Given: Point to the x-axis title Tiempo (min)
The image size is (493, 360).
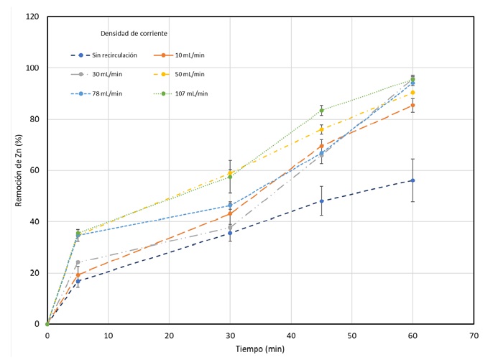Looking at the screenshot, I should (260, 349).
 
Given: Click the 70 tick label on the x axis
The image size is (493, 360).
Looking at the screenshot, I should (473, 335).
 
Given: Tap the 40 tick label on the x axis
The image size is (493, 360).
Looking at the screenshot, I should (290, 335).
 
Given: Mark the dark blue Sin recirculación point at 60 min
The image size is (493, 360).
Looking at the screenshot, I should (413, 180).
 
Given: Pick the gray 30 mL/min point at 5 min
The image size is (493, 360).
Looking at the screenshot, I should (78, 262).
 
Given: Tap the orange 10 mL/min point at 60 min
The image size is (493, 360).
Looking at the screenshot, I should (413, 105).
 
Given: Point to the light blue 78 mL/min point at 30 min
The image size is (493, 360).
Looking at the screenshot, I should (230, 206).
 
